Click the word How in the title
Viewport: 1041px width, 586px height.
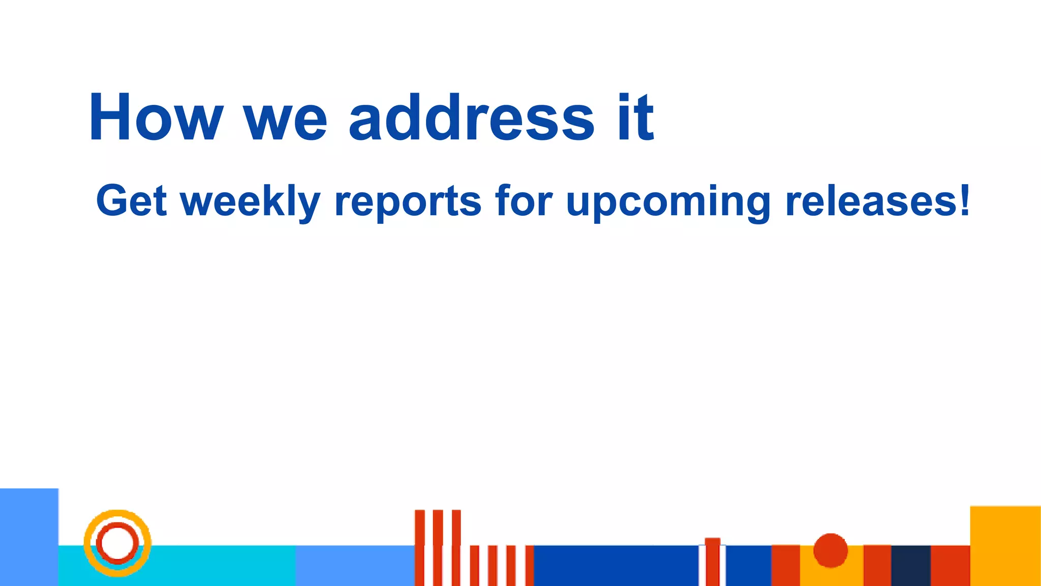(x=156, y=118)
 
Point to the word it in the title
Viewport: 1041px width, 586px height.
(x=635, y=118)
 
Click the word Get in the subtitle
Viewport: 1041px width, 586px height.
(x=131, y=200)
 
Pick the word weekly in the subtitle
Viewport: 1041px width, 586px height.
(x=251, y=201)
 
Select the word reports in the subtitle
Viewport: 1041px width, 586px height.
(x=408, y=201)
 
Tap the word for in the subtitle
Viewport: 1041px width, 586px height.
(x=524, y=200)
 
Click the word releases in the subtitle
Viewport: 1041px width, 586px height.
(x=870, y=201)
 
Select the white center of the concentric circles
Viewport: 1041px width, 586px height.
(x=117, y=543)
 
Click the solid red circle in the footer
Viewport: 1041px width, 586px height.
(x=831, y=550)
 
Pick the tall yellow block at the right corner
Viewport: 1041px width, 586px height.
(x=1005, y=545)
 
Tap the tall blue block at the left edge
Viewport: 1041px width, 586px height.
(x=28, y=537)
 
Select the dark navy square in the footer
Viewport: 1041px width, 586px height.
(x=911, y=565)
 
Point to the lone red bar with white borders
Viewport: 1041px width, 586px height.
(x=712, y=562)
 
